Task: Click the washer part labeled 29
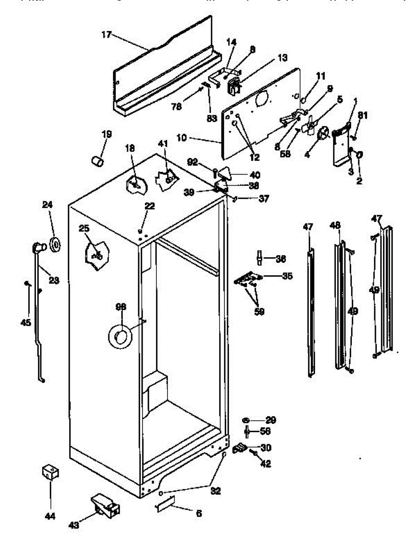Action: [246, 420]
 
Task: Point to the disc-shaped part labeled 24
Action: [56, 244]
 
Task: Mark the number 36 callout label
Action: [280, 259]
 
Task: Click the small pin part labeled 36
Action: [258, 257]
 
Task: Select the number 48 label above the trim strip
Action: [335, 226]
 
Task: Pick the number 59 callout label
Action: [259, 312]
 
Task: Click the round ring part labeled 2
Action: [359, 155]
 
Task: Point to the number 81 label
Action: [363, 116]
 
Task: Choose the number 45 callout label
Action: [26, 322]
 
